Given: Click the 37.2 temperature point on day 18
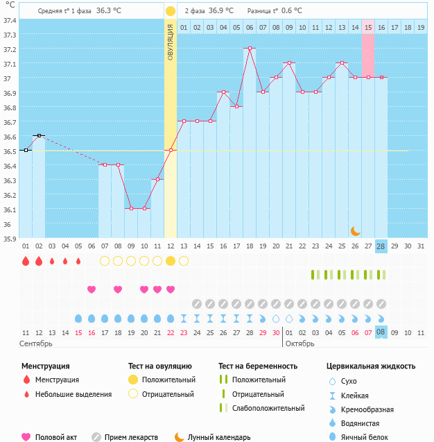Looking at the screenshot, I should pos(250,49).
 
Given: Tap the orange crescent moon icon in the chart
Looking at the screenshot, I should pos(355,230).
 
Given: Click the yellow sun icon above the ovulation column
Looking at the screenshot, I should pos(171,11).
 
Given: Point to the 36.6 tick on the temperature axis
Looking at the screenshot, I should pos(10,136).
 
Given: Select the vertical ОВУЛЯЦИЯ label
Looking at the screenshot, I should pos(171,42).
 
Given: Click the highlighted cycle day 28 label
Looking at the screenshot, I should pos(381,246).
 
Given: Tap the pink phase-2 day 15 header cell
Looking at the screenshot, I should pos(368,27).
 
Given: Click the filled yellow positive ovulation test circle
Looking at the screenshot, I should pos(171,261).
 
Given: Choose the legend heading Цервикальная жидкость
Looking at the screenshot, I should pos(371,366).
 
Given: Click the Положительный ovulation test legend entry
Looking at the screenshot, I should pos(168,380).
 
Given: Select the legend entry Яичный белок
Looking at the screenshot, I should pos(363,436).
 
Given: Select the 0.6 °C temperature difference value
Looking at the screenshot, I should pos(292,11).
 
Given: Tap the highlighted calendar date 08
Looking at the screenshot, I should pos(381,332).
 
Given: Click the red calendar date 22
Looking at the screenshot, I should pos(171,332).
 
